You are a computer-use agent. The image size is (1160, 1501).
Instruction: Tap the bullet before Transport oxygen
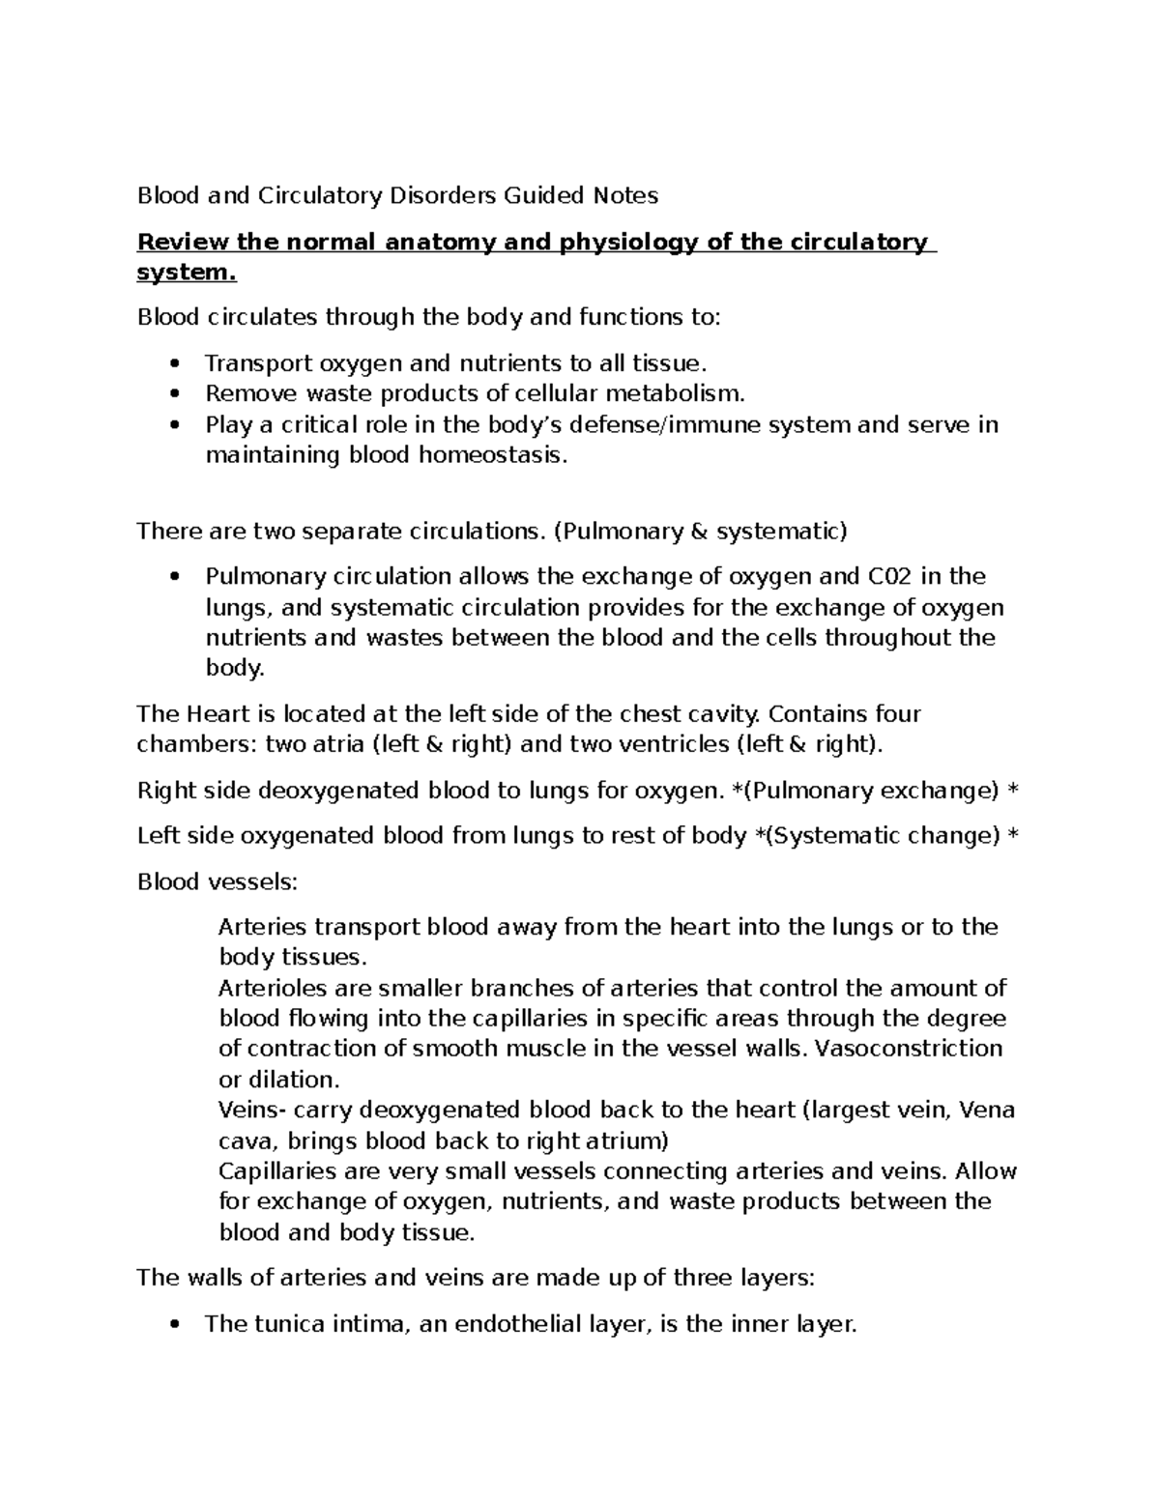point(174,364)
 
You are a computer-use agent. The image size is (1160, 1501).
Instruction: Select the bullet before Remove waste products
point(174,394)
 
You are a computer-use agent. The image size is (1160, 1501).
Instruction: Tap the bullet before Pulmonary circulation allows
point(174,578)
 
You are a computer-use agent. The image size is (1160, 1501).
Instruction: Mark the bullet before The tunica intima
point(174,1325)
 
